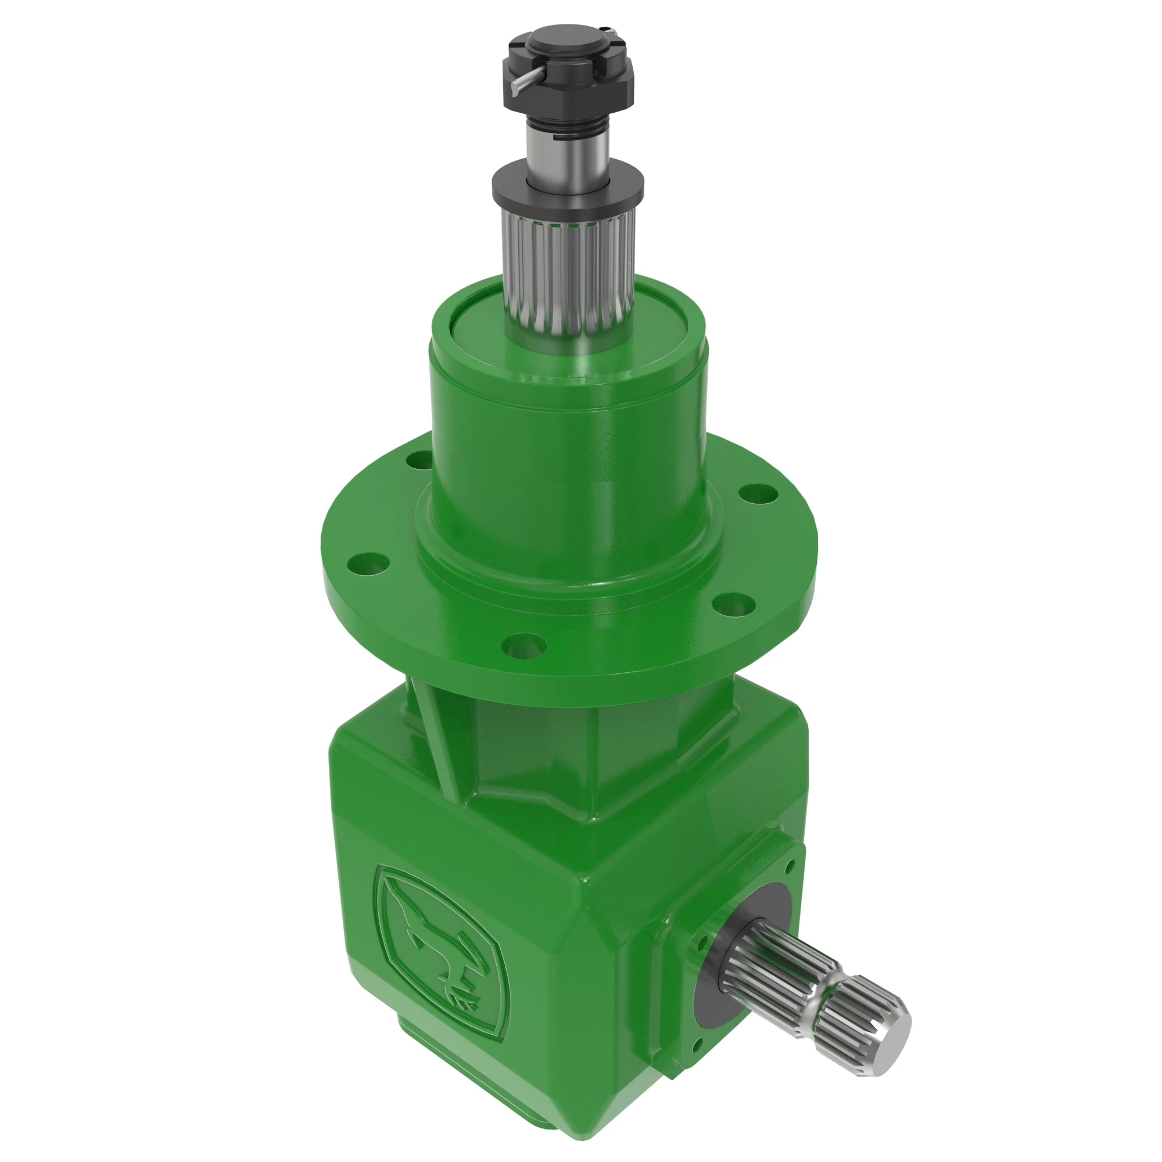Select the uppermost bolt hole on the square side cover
click(x=790, y=864)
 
